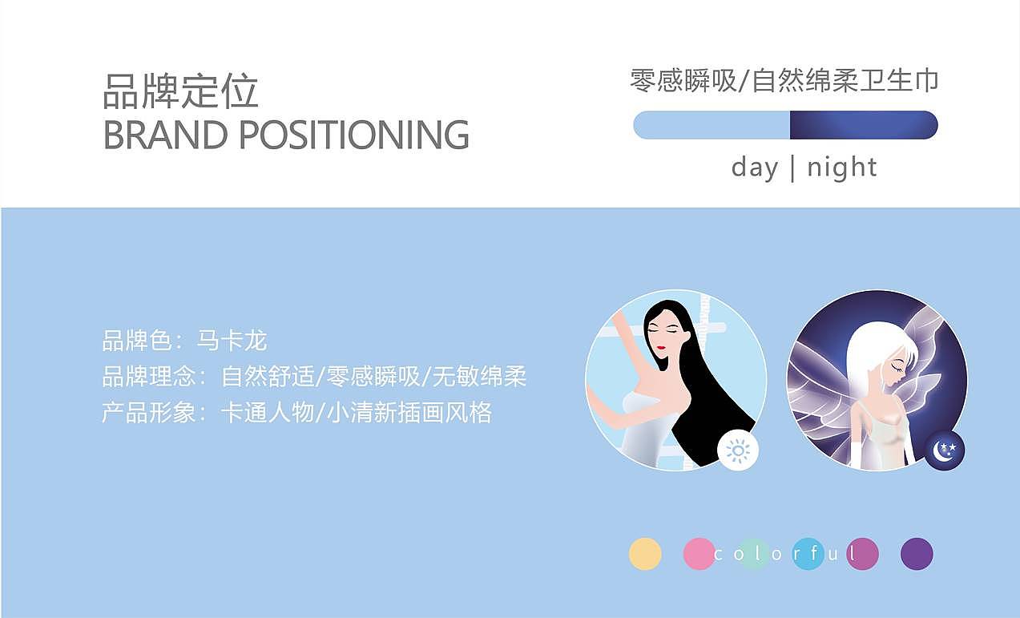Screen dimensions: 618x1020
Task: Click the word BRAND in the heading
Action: tap(165, 135)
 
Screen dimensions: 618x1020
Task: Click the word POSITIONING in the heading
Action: tap(353, 135)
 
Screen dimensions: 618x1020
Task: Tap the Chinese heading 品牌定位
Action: tap(180, 91)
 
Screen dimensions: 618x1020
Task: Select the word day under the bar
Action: tap(754, 168)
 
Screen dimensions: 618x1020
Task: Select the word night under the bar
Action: tap(841, 167)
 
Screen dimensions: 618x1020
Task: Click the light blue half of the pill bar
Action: tap(712, 125)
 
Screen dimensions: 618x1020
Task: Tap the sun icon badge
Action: tap(737, 450)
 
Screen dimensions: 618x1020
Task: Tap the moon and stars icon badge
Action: tap(945, 450)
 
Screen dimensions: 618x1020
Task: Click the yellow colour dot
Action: tap(645, 554)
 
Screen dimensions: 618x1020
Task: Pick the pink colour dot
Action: tap(699, 554)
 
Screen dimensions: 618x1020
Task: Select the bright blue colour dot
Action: tap(808, 554)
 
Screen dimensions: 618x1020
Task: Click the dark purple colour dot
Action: tap(917, 554)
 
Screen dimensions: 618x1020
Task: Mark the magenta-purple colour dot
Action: tap(862, 554)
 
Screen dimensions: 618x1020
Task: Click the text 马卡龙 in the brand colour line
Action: tap(232, 341)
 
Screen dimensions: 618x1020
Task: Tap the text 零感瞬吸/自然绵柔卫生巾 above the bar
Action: tap(784, 81)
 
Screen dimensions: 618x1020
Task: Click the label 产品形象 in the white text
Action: tap(148, 413)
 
